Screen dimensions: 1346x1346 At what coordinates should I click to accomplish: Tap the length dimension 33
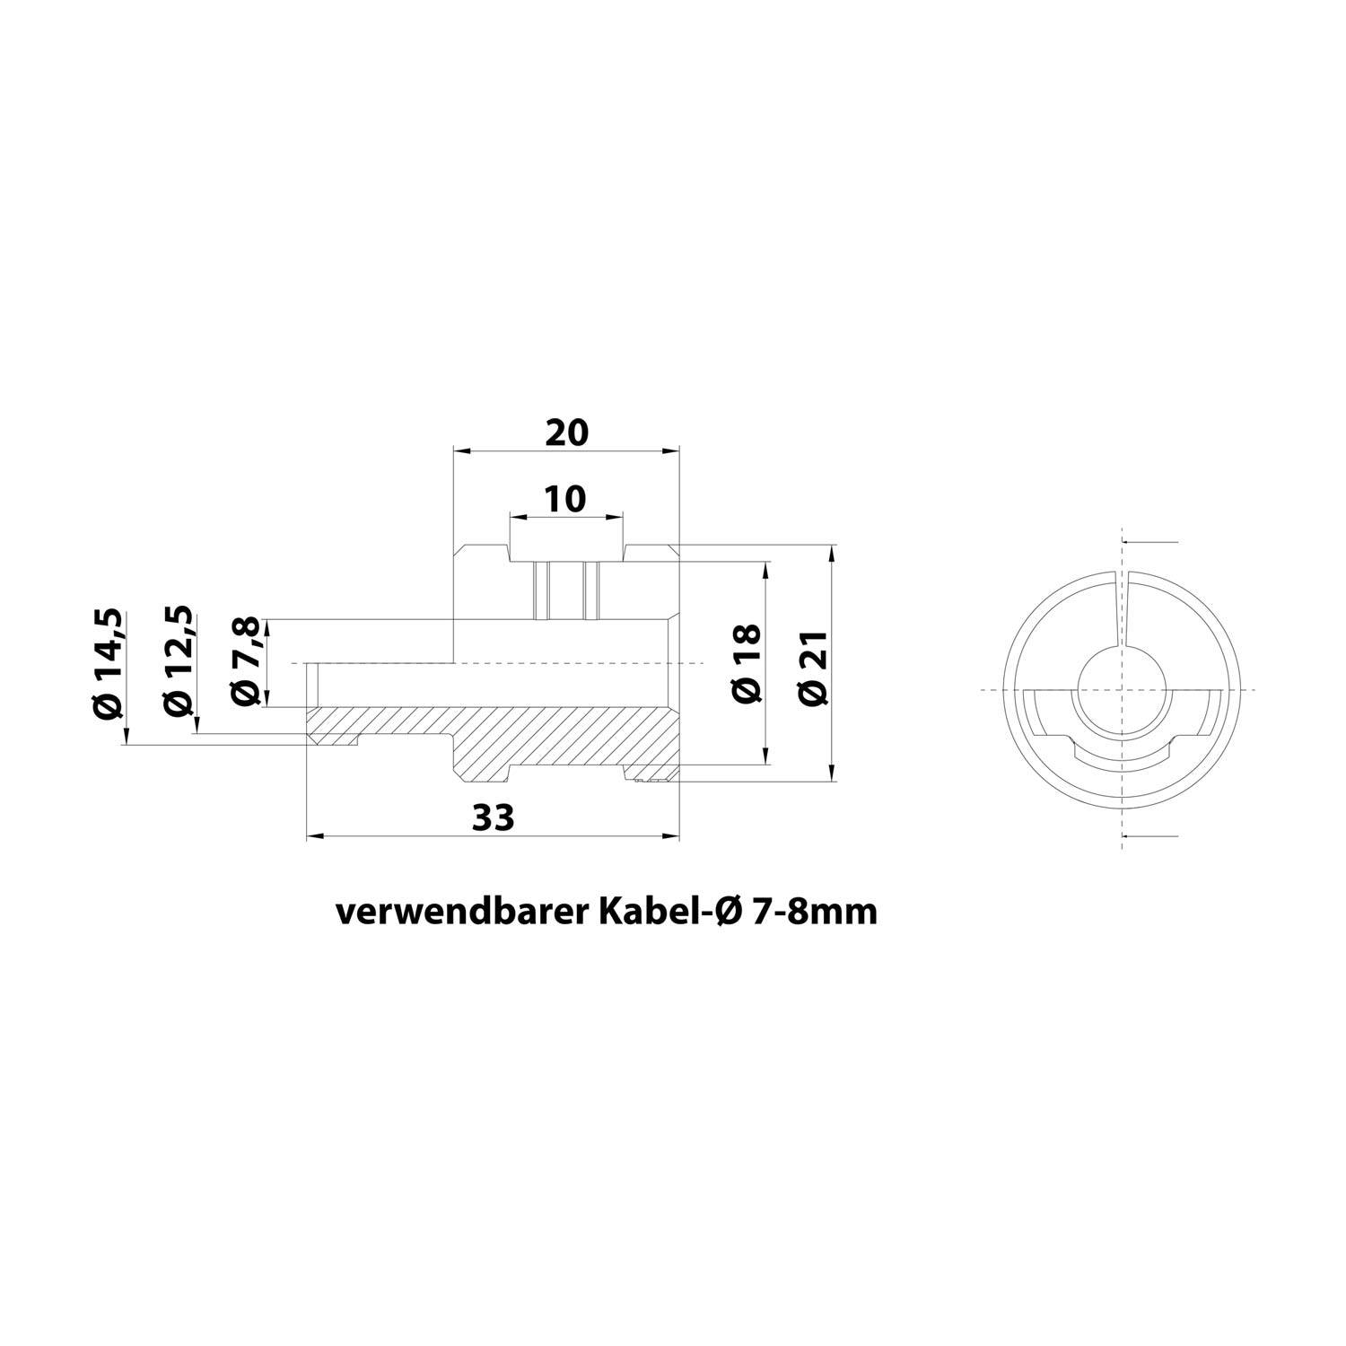(x=493, y=817)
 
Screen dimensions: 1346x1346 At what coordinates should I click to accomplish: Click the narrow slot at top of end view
(x=1122, y=606)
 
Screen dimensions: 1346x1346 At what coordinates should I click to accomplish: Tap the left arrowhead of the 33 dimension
(x=313, y=837)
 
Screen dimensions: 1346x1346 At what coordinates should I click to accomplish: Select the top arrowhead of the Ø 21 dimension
(x=834, y=550)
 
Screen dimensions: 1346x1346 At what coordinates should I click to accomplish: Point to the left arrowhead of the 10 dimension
(x=516, y=516)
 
